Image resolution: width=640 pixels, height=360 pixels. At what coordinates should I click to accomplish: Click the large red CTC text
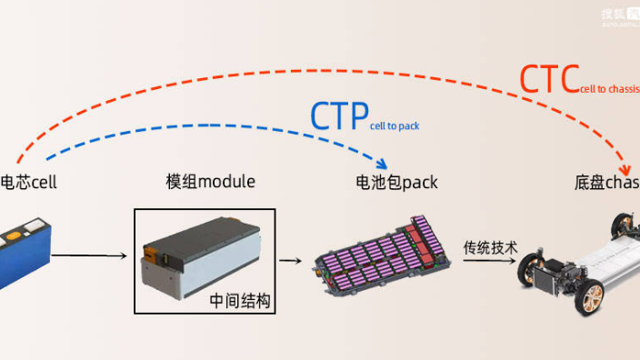(x=548, y=80)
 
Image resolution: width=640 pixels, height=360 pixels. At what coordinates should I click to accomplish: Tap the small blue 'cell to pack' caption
(x=395, y=126)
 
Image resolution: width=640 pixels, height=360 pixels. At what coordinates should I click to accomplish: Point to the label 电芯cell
(x=29, y=182)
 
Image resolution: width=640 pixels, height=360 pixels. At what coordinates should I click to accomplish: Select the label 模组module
(x=210, y=182)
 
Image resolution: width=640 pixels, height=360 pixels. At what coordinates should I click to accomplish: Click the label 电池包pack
(x=396, y=183)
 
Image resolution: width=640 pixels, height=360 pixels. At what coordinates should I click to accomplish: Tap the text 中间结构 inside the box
(x=240, y=300)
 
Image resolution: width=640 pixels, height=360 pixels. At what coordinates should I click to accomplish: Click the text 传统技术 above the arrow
(x=491, y=246)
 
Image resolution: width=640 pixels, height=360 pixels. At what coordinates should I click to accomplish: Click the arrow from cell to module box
(x=91, y=255)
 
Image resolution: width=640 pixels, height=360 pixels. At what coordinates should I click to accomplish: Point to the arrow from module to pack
(x=290, y=261)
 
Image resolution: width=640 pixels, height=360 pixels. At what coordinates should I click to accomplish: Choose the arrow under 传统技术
(x=491, y=261)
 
